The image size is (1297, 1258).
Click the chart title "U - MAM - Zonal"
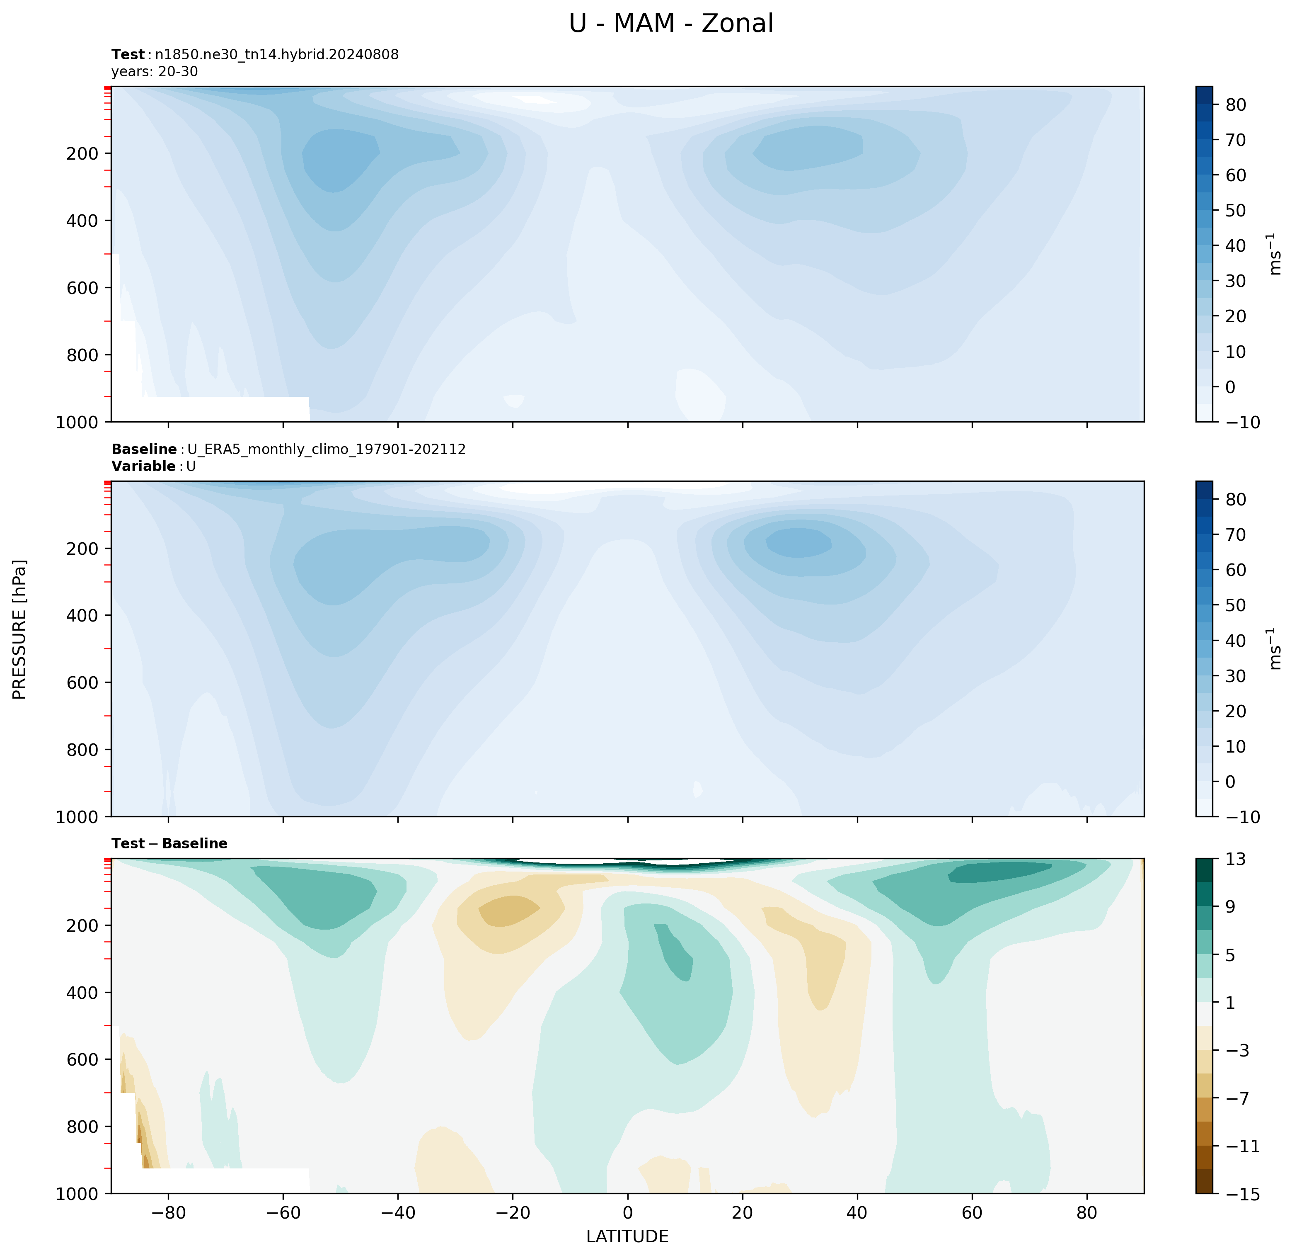coord(670,24)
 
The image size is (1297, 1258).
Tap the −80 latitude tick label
coord(168,1213)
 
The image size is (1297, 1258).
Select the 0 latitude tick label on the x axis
coord(627,1213)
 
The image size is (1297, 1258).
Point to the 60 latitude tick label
coord(972,1213)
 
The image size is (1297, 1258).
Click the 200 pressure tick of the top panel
coord(82,153)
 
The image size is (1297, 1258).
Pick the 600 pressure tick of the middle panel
coord(82,682)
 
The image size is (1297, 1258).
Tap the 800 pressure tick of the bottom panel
coord(82,1126)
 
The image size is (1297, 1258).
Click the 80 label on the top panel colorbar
coord(1235,104)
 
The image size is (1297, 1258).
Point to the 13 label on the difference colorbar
coord(1235,860)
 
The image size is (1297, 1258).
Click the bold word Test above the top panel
coord(128,55)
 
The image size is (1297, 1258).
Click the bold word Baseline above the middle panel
coord(144,449)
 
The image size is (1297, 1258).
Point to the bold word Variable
coord(143,466)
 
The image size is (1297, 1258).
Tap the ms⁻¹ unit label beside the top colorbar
coord(1275,254)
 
